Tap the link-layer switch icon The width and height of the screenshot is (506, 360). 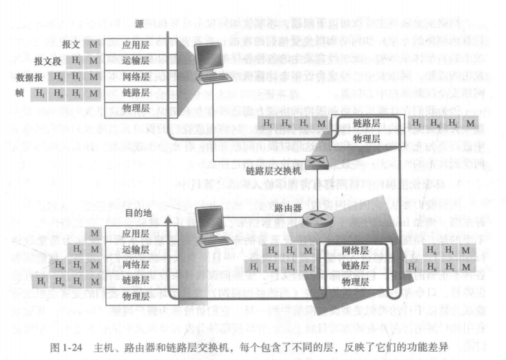click(x=316, y=162)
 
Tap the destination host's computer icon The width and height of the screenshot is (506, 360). click(x=210, y=228)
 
